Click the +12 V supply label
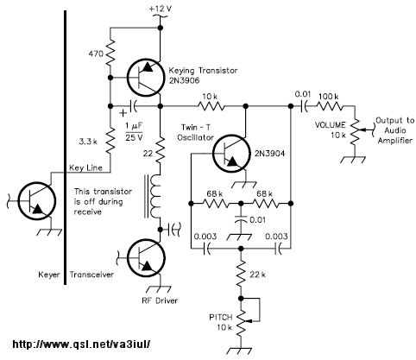pos(161,9)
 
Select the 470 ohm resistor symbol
pos(110,53)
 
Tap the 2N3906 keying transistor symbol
pos(145,78)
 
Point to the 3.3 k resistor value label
pos(88,142)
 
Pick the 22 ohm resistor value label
pos(148,154)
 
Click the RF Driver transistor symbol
pos(146,258)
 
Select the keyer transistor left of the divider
pos(37,201)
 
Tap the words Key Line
pos(85,167)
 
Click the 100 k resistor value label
pos(329,96)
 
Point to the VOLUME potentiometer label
pos(330,125)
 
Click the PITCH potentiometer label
pos(221,318)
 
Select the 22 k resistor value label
pos(257,275)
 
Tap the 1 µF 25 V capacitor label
pos(134,132)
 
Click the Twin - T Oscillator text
pos(196,132)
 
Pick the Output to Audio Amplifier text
pos(394,130)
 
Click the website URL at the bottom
pos(81,344)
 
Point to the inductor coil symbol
pos(154,196)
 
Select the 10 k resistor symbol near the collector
pos(211,106)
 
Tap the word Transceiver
pos(91,275)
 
